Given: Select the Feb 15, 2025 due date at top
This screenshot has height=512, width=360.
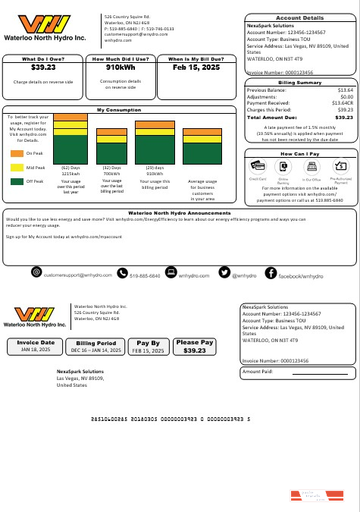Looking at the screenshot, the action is (195, 68).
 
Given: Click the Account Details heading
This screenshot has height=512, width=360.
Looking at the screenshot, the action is (299, 17).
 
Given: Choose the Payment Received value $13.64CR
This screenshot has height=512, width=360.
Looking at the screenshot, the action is (340, 102).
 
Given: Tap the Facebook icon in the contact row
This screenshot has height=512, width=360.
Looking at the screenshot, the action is (271, 272).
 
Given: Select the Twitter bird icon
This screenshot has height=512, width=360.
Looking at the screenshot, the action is (224, 272).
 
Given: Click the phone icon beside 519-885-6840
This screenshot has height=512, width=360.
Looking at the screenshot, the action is (122, 272).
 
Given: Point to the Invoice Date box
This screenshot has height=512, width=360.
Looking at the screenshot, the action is (37, 347).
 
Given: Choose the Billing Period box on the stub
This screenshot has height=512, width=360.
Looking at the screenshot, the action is (96, 347).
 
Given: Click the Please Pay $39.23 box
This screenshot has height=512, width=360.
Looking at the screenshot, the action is (195, 347).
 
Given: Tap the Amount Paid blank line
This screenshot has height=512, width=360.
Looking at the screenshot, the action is (317, 372).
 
